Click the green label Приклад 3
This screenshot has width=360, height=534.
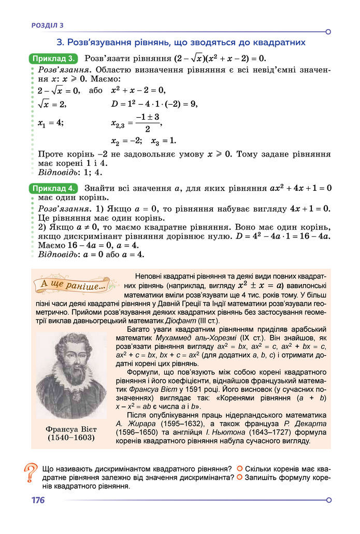[x=54, y=58]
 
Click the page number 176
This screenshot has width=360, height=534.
[x=37, y=500]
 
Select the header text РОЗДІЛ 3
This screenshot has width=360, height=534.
[x=47, y=24]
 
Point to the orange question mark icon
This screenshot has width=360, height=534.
[x=31, y=473]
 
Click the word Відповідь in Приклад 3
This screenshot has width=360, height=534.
[x=56, y=173]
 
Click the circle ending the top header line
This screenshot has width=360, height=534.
[x=328, y=31]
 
